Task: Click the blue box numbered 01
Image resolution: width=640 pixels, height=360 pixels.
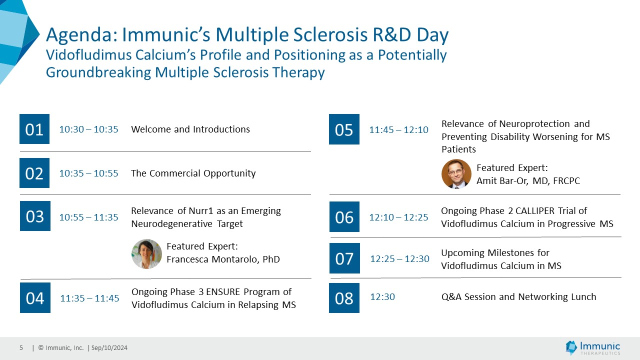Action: click(34, 129)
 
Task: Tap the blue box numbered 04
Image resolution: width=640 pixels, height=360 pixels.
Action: click(35, 297)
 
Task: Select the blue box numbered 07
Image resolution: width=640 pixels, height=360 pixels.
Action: click(344, 258)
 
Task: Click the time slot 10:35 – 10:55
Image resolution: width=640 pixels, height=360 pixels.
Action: click(88, 173)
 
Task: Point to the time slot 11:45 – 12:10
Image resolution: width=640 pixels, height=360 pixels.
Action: click(398, 129)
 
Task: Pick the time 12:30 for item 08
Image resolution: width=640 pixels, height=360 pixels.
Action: click(382, 297)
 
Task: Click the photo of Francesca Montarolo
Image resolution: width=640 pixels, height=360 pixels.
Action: click(146, 254)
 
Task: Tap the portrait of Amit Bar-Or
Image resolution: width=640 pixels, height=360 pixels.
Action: click(456, 174)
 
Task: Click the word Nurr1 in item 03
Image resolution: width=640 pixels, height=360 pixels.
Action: click(201, 211)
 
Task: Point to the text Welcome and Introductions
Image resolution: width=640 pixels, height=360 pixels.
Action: click(190, 129)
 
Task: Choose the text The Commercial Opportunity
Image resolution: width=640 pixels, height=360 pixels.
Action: click(193, 173)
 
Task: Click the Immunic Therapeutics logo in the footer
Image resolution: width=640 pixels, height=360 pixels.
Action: click(593, 348)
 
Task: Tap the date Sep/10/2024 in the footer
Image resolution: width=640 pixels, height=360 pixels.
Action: click(109, 348)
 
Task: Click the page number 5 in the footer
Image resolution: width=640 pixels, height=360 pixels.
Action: click(21, 347)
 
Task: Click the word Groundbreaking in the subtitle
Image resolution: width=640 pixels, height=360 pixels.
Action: click(98, 72)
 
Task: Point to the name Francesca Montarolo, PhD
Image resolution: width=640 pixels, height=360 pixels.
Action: click(223, 259)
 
